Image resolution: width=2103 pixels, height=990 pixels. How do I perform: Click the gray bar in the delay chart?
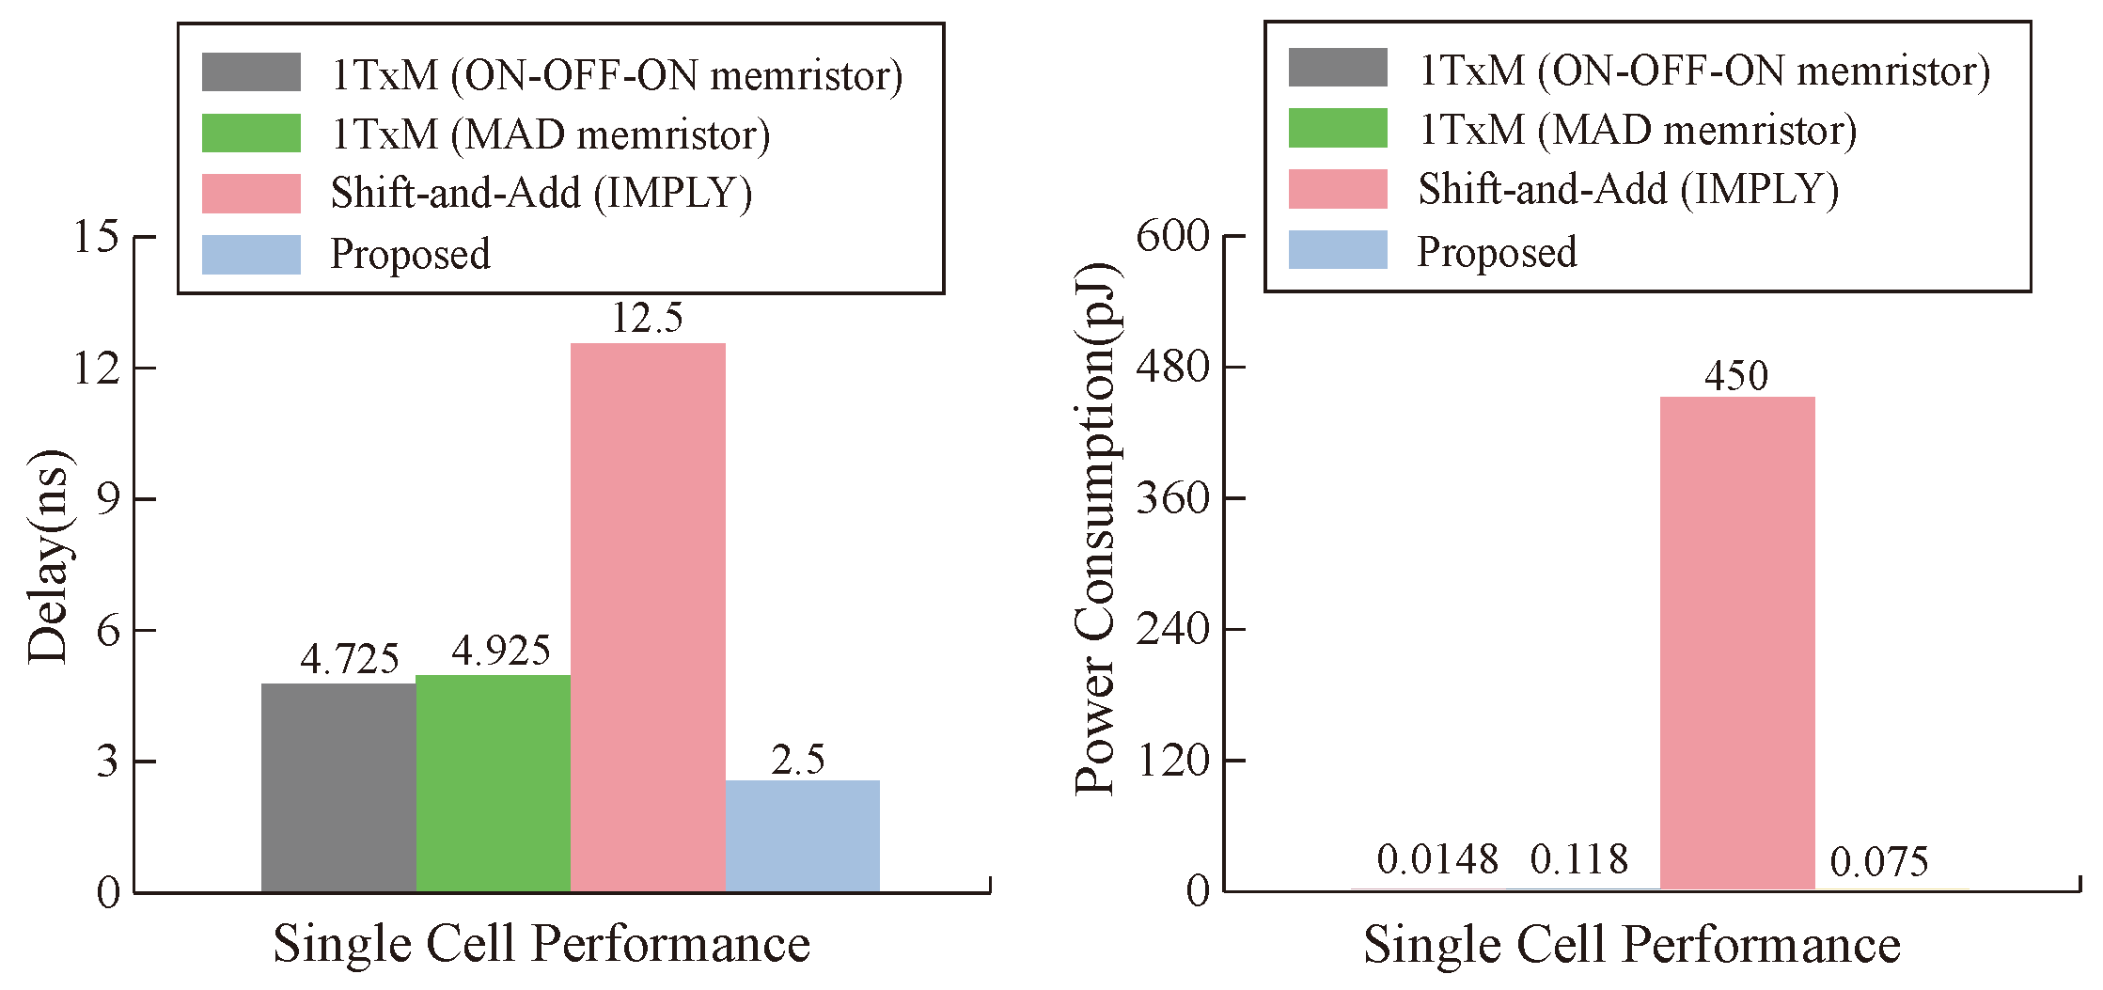point(338,788)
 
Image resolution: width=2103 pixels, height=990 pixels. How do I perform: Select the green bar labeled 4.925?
point(493,783)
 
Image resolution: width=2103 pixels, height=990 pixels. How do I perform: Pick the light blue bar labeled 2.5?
point(802,836)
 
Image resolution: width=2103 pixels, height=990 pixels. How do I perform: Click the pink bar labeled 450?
point(1736,643)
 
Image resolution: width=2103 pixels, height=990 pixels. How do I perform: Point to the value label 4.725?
point(350,659)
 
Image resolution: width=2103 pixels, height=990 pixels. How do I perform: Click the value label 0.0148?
point(1437,859)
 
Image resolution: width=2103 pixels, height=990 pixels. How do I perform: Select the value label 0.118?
point(1578,859)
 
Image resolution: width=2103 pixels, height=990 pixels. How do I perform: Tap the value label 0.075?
point(1878,861)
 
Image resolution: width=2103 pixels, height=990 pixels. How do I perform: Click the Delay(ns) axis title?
point(49,557)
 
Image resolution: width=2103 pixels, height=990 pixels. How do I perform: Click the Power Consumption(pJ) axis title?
point(1096,528)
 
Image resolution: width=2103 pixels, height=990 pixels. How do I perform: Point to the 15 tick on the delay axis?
point(96,236)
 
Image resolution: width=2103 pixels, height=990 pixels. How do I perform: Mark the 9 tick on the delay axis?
point(109,498)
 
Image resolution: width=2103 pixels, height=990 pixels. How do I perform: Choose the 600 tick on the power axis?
point(1172,236)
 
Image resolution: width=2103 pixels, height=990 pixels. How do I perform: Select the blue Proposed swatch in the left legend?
point(251,255)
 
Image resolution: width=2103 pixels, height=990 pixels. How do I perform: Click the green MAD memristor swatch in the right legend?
point(1337,129)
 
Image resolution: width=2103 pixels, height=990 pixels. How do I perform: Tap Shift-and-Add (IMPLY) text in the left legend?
point(541,193)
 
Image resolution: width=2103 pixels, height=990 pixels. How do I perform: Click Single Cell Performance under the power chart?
point(1631,944)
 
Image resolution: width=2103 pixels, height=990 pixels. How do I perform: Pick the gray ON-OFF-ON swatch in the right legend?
point(1337,68)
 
